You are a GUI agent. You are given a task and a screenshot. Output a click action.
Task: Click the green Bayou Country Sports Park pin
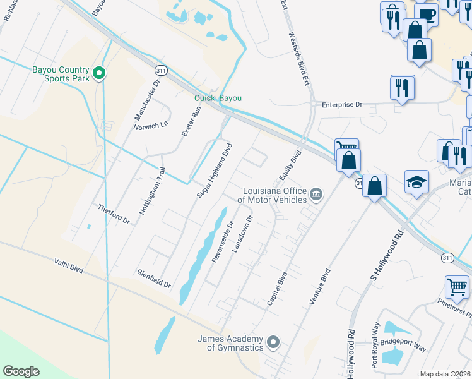point(98,74)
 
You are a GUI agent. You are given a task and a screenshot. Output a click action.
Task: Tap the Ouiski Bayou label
point(218,98)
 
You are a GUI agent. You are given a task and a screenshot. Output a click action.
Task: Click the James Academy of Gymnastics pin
point(273,342)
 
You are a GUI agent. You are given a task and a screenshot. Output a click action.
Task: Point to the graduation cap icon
point(417,183)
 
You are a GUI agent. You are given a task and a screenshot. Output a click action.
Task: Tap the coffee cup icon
point(427,14)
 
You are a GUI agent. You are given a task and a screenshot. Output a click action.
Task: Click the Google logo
point(21,371)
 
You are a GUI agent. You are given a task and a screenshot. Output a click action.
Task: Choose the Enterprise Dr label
point(342,104)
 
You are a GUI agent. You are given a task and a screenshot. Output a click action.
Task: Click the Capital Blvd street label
point(277,289)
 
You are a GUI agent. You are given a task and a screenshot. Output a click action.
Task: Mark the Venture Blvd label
point(320,287)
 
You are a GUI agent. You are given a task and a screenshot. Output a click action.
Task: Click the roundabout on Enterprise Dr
point(312,104)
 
